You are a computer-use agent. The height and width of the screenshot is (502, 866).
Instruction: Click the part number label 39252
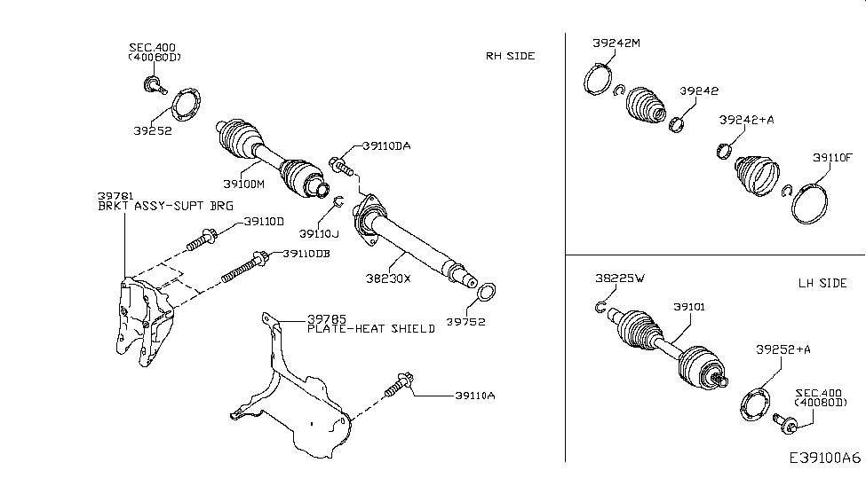pyautogui.click(x=152, y=130)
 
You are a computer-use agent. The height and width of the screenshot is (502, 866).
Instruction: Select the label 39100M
pyautogui.click(x=243, y=184)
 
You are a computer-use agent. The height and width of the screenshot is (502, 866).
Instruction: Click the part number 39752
pyautogui.click(x=465, y=322)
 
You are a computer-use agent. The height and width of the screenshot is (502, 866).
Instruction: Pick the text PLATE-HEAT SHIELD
pyautogui.click(x=371, y=329)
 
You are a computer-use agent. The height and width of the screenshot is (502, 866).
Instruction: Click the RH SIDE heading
pyautogui.click(x=510, y=56)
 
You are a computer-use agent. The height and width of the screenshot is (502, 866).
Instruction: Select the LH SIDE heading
pyautogui.click(x=822, y=283)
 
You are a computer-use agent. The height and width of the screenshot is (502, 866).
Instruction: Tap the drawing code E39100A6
pyautogui.click(x=824, y=459)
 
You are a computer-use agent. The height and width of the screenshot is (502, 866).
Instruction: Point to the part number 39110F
pyautogui.click(x=832, y=157)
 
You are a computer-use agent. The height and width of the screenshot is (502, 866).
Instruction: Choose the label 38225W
pyautogui.click(x=620, y=278)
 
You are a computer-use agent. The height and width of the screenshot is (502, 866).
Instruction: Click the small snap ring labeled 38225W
pyautogui.click(x=601, y=307)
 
